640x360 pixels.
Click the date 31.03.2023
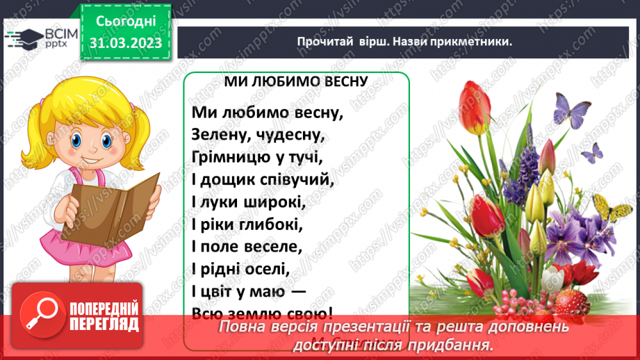pyautogui.click(x=125, y=43)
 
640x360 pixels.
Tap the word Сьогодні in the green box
pyautogui.click(x=125, y=21)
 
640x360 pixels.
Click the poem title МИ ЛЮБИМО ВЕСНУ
pyautogui.click(x=295, y=82)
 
